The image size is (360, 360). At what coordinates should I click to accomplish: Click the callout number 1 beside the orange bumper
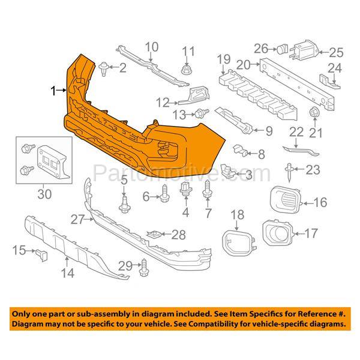[x=53, y=91]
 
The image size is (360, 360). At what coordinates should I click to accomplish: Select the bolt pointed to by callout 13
[x=202, y=113]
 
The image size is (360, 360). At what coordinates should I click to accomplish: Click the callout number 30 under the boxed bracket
[x=44, y=194]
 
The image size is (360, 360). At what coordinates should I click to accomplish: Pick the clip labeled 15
[x=41, y=255]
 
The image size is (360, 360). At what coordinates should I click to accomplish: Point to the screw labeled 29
[x=144, y=268]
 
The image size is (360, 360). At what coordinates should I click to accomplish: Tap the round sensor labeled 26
[x=282, y=49]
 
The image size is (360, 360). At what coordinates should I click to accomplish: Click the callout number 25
[x=336, y=53]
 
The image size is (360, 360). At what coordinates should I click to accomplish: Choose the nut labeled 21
[x=314, y=112]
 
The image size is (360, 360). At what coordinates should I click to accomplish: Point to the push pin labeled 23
[x=289, y=172]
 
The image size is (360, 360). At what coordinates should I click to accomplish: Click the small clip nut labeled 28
[x=154, y=234]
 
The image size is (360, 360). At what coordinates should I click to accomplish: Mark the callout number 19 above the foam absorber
[x=224, y=59]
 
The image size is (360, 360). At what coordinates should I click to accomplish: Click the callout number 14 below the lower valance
[x=68, y=273]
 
